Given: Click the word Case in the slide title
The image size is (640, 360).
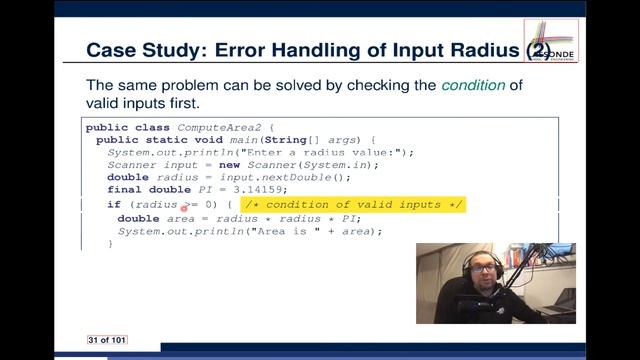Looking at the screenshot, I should click(112, 50).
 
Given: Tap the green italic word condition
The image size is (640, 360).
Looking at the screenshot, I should click(474, 85).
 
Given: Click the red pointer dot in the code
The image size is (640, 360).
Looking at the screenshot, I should click(185, 208).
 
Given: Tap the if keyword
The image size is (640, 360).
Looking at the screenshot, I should click(113, 205).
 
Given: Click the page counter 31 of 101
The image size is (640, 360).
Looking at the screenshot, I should click(106, 341).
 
